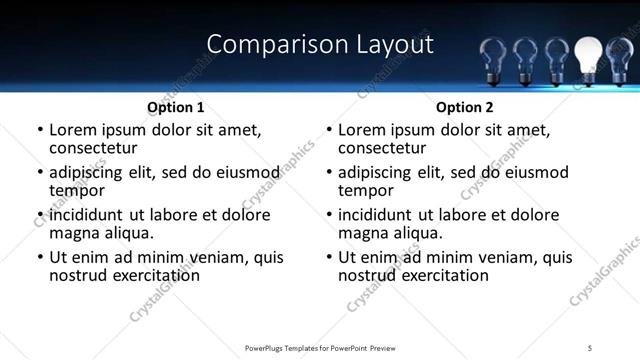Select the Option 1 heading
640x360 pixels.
point(176,107)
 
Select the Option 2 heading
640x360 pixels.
point(464,107)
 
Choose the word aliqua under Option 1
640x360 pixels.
point(129,232)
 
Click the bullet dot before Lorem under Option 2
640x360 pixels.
point(329,131)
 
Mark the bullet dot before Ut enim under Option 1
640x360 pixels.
point(40,258)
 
